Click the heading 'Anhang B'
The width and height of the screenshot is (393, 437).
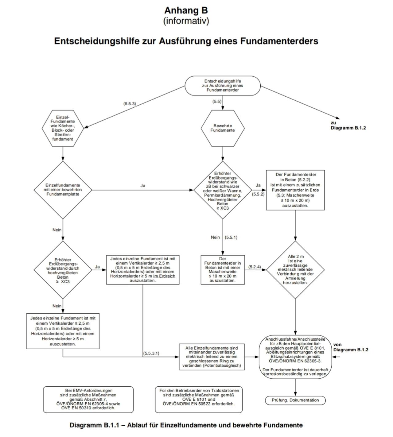click(186, 10)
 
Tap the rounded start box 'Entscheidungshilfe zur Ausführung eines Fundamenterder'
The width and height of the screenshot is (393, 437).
click(223, 86)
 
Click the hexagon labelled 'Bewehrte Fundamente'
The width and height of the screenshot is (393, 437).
click(223, 128)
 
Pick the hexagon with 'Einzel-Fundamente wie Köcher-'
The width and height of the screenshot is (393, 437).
click(63, 128)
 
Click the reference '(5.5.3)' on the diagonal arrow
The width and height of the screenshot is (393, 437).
click(130, 103)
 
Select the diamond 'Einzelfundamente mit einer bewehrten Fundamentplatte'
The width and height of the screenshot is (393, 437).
click(63, 190)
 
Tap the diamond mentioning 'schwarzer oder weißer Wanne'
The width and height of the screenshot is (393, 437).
click(223, 190)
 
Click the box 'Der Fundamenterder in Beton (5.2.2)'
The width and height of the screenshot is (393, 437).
click(295, 190)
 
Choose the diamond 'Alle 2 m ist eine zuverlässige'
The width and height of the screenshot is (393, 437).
click(295, 270)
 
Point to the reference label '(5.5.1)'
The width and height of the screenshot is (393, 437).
click(231, 237)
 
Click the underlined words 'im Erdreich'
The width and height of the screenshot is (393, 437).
click(164, 276)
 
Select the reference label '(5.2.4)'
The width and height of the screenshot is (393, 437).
click(254, 267)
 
